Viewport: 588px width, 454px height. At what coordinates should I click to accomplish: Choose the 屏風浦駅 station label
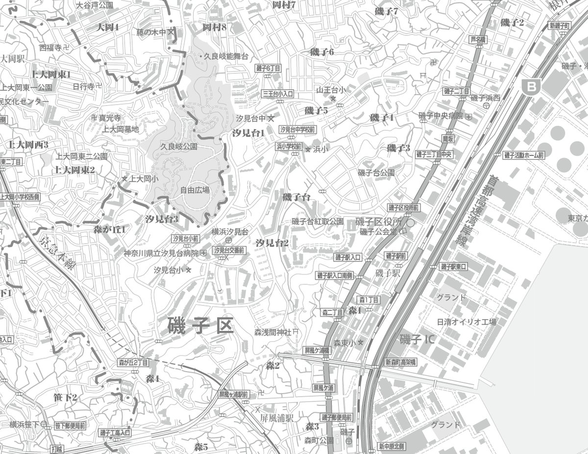pos(276,418)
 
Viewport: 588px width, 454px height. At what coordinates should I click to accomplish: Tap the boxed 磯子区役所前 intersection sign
pos(404,208)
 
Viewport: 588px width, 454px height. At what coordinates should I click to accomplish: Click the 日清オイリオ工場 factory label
pos(466,322)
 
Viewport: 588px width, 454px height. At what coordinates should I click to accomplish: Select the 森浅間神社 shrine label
pos(272,332)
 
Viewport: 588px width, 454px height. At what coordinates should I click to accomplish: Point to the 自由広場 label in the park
pos(195,190)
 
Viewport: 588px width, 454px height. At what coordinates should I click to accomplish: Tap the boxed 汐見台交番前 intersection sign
pos(229,250)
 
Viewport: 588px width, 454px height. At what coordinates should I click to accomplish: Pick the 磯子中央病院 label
pos(441,116)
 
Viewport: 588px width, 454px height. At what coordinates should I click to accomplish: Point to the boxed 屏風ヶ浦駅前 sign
pos(234,394)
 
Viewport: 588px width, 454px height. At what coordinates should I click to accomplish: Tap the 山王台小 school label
pos(331,90)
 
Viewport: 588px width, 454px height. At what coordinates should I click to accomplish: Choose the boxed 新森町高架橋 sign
pos(400,362)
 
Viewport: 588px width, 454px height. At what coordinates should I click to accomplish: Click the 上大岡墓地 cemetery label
pos(121,129)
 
